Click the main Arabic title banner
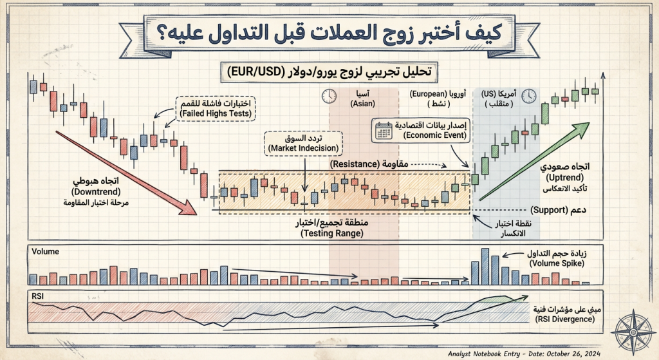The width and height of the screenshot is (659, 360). coord(329,32)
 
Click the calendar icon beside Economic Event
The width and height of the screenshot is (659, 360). coord(384,131)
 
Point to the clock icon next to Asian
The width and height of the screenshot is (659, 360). coord(329,96)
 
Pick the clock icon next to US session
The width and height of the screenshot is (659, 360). coord(529,96)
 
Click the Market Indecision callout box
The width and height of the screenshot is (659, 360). coord(304,144)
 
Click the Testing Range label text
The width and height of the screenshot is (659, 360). coord(331,234)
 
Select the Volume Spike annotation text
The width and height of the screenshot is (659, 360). coord(557,264)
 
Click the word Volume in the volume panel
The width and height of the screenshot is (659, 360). coord(45,251)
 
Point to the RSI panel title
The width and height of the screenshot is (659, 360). coord(37,296)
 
